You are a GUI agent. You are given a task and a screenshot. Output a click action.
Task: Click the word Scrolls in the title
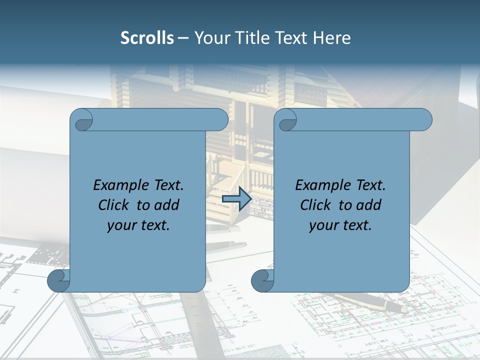pyautogui.click(x=147, y=38)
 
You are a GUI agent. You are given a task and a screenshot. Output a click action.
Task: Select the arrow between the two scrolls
pyautogui.click(x=236, y=198)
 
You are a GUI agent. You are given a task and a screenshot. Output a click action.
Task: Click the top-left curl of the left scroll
pyautogui.click(x=82, y=120)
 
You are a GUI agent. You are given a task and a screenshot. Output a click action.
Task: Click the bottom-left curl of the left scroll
pyautogui.click(x=58, y=280)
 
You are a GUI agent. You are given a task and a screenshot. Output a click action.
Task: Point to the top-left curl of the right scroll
pyautogui.click(x=286, y=120)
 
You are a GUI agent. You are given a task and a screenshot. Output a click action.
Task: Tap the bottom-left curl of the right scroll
pyautogui.click(x=262, y=280)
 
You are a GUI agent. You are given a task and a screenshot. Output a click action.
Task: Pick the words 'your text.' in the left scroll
pyautogui.click(x=138, y=225)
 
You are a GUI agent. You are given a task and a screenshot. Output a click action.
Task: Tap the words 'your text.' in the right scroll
pyautogui.click(x=340, y=225)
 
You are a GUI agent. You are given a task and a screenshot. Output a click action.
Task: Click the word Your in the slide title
pyautogui.click(x=210, y=38)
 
